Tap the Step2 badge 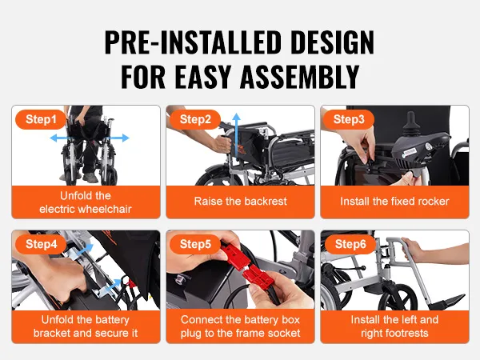click(195, 119)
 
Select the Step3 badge click(349, 119)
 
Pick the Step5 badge click(195, 243)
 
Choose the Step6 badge click(349, 243)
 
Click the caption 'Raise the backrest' click(240, 202)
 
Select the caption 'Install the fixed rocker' click(394, 202)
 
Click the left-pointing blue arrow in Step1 click(61, 138)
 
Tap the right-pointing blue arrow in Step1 click(117, 138)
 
